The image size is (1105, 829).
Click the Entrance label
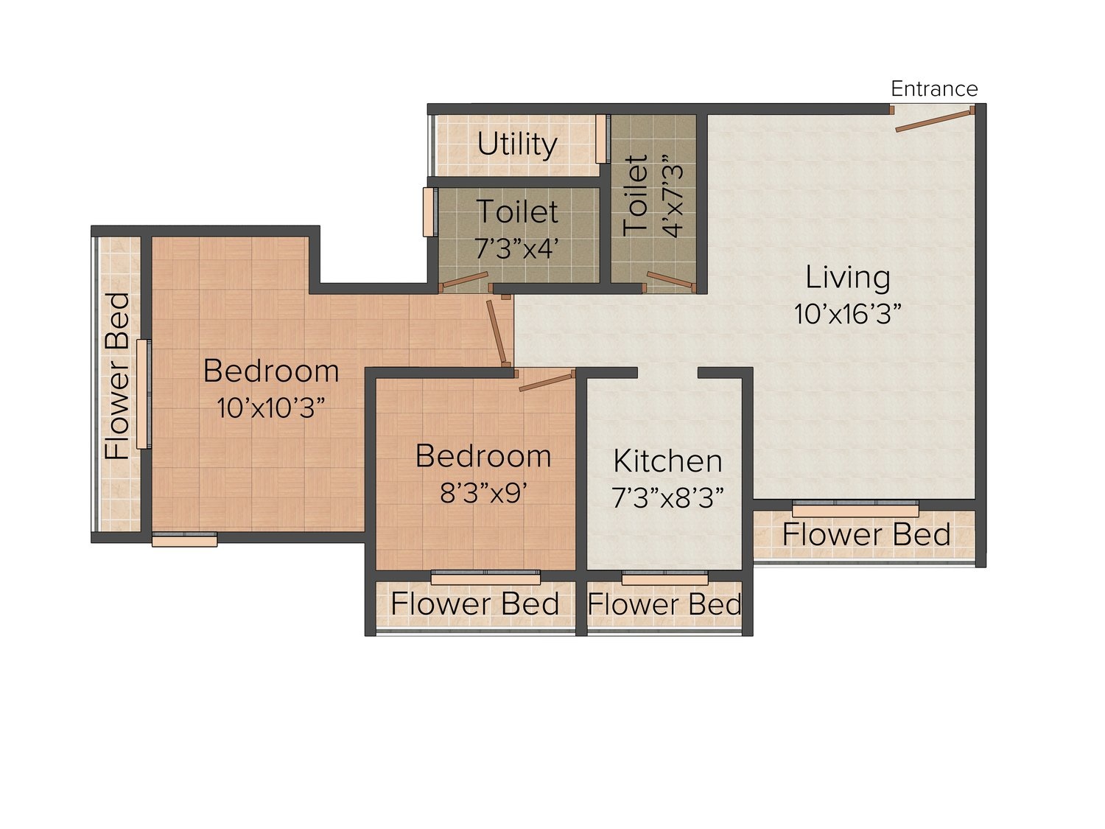coord(934,89)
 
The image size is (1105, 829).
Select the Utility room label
coord(517,145)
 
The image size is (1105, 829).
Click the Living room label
coord(848,277)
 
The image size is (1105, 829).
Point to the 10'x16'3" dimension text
coord(848,314)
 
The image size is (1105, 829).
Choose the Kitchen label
coord(667,461)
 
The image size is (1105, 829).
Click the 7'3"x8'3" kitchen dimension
coord(667,497)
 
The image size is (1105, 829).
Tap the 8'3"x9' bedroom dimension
coord(483,493)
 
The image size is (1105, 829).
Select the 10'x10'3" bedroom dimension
coord(271,407)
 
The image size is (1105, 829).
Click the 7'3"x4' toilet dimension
coord(517,248)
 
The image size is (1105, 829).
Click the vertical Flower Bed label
coord(117,376)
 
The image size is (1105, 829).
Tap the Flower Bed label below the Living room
coord(866,534)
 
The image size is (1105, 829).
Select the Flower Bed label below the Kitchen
coord(664,604)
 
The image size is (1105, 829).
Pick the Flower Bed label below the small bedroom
coord(475,604)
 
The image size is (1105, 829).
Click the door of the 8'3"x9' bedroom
coord(547,382)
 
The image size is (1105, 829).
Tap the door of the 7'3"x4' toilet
coord(465,280)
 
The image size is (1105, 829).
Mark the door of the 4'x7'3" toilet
coord(670,281)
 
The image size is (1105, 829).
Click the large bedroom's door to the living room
coord(497,333)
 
